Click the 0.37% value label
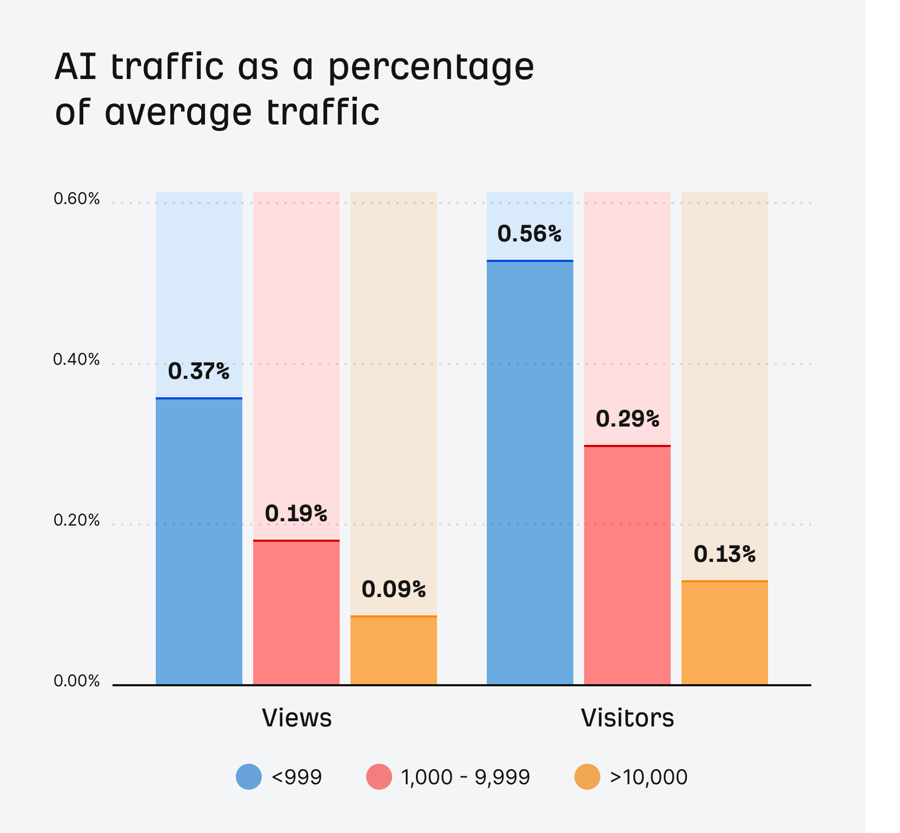tap(199, 371)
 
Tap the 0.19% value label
tap(296, 513)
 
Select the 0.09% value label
tap(394, 589)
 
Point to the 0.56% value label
tap(530, 234)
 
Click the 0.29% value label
tap(627, 419)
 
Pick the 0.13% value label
tap(725, 554)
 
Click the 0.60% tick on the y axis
tap(77, 199)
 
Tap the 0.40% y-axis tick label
tap(77, 359)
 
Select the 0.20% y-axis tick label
tap(77, 520)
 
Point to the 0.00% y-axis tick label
tap(77, 681)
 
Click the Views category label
tap(296, 718)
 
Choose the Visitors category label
tap(627, 718)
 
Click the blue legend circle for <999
tap(249, 777)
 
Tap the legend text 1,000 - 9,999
tap(465, 777)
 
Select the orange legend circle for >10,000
tap(587, 777)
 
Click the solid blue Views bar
tap(199, 541)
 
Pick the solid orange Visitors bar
tap(725, 633)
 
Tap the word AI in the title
tap(76, 67)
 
